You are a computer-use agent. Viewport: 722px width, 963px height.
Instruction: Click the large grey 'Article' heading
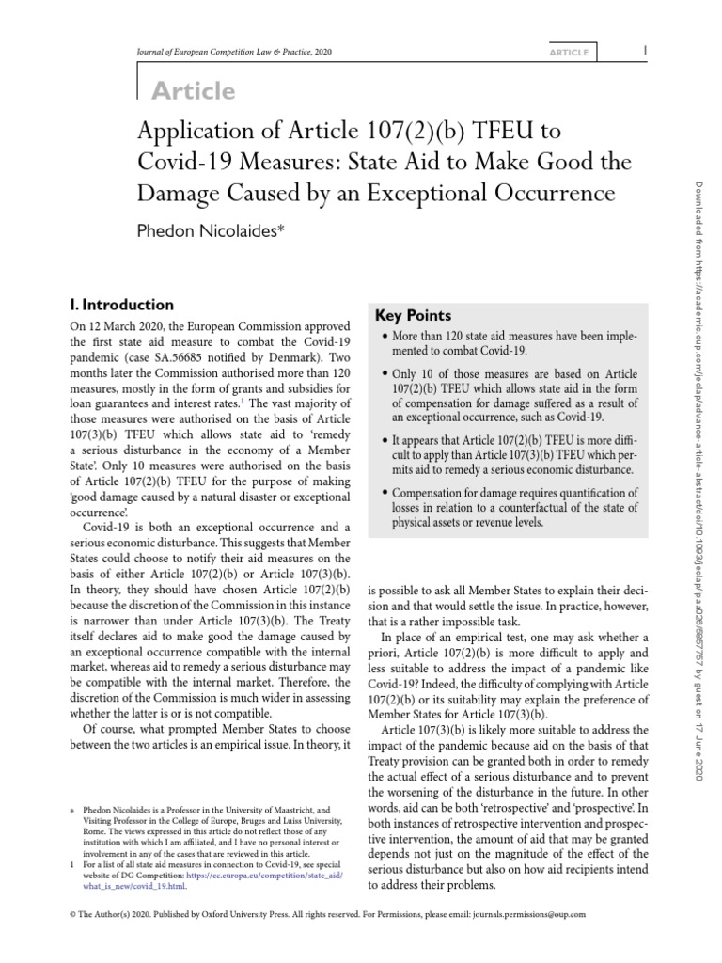click(x=193, y=90)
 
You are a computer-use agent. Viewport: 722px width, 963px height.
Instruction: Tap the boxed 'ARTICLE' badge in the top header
click(x=570, y=53)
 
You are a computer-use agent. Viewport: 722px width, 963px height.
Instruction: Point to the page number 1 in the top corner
click(x=644, y=50)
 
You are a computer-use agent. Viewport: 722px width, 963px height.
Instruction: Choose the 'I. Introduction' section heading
click(x=122, y=305)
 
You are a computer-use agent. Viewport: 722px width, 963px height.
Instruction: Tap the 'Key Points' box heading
click(x=414, y=316)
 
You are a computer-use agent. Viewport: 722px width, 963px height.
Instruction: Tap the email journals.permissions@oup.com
click(x=522, y=913)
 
